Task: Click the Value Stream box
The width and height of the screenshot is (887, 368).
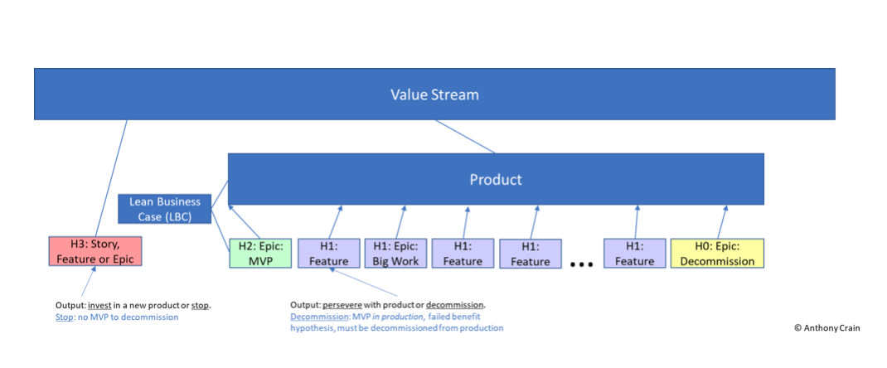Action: tap(434, 94)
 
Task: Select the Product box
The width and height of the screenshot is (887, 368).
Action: tap(496, 179)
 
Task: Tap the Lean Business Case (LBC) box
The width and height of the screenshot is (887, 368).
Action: tap(165, 209)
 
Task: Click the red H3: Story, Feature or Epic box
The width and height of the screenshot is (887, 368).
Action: tap(95, 251)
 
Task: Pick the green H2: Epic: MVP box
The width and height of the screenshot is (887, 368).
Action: tap(260, 254)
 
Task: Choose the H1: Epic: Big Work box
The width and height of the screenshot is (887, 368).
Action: tap(396, 254)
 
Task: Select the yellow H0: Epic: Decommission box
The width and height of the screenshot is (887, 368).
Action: tap(717, 254)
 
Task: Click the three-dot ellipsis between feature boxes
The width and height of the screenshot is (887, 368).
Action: tap(582, 264)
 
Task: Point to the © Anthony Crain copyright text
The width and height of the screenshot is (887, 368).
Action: tap(826, 327)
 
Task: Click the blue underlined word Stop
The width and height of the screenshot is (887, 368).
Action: tap(64, 317)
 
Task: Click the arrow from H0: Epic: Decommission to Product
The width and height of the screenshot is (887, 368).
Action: tap(722, 221)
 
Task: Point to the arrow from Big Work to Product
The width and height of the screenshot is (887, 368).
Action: tap(400, 221)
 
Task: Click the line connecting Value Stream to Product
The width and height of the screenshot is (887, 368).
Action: tap(464, 136)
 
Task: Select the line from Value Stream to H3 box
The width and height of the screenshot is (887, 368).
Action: tap(109, 178)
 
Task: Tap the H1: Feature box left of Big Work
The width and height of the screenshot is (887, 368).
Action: tap(328, 254)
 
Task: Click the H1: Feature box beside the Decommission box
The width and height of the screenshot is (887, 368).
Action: tap(635, 254)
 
